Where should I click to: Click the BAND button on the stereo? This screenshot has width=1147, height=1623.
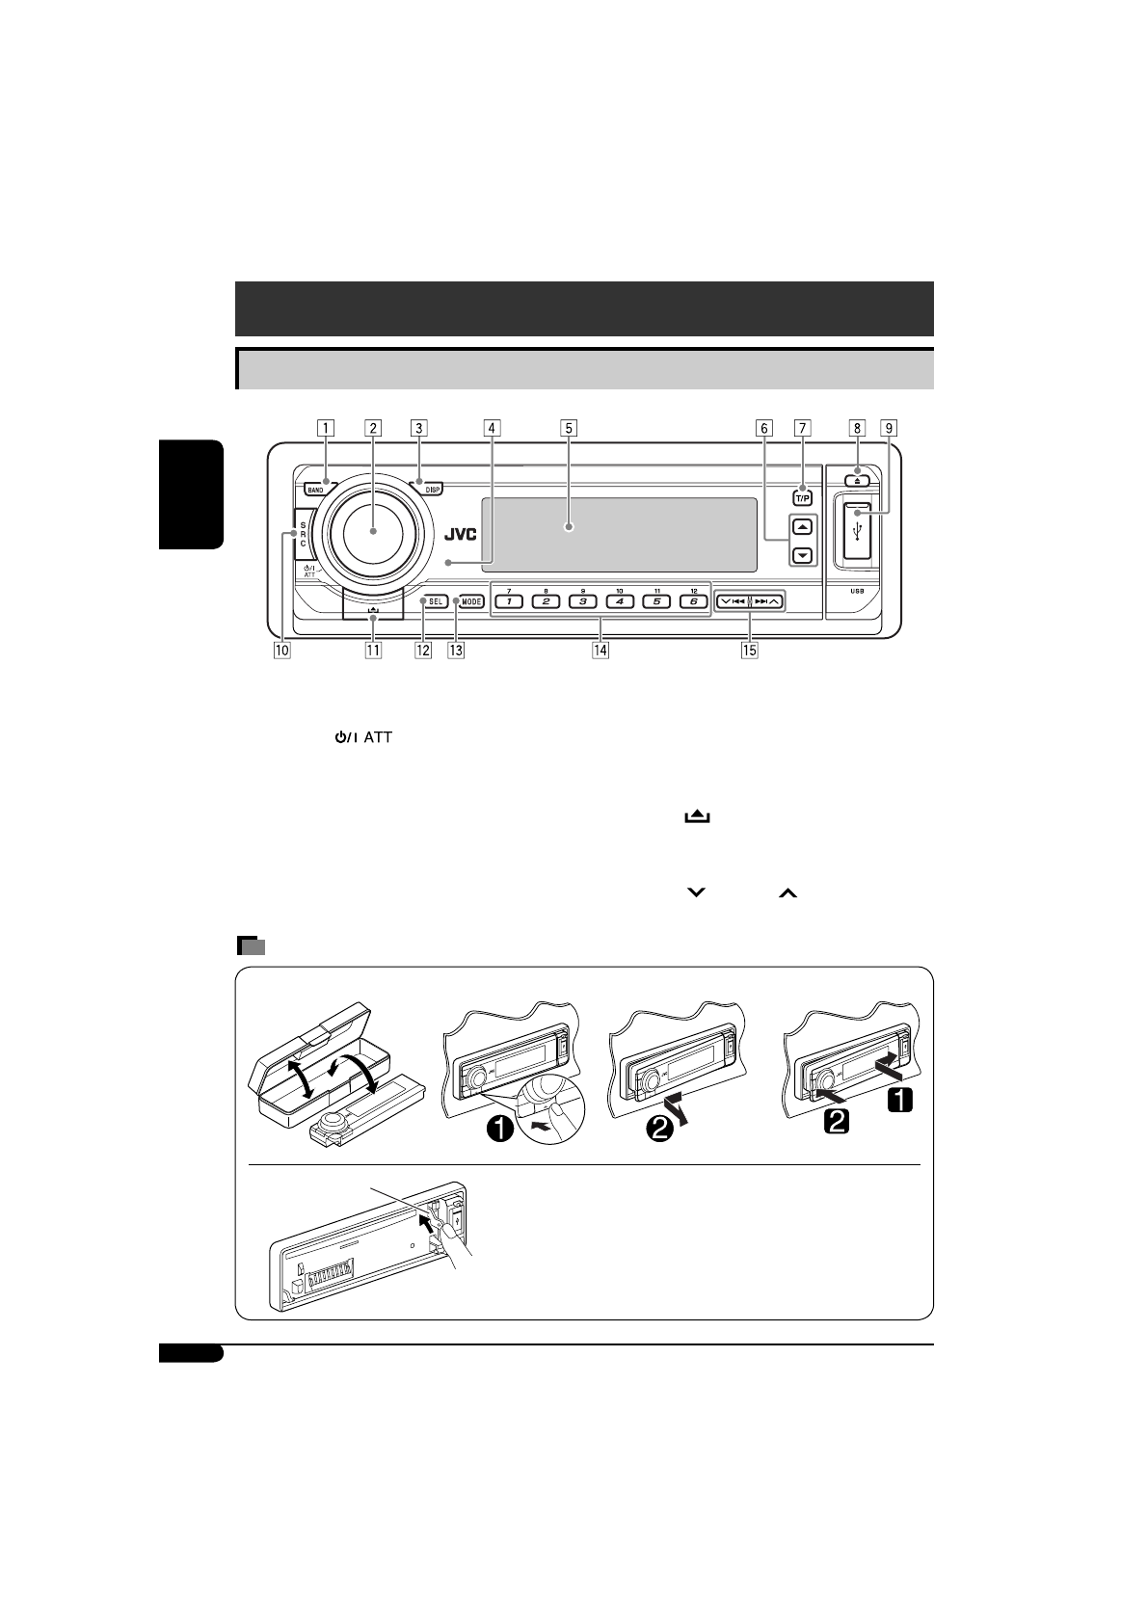point(315,490)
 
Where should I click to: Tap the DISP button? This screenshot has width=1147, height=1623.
point(432,490)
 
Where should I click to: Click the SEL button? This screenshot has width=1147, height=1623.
point(436,601)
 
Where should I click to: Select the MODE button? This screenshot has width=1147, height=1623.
point(471,601)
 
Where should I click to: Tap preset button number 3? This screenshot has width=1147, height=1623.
point(582,601)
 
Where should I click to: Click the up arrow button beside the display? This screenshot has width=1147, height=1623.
point(803,527)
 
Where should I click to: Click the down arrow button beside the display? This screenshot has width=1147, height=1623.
point(803,556)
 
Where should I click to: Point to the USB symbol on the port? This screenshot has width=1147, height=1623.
point(858,531)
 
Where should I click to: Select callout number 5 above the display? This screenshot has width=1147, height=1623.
point(569,427)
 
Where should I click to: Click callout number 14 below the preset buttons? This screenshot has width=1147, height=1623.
point(600,651)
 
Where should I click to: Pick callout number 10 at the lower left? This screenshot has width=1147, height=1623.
point(281,651)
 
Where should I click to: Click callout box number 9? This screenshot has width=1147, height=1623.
point(889,427)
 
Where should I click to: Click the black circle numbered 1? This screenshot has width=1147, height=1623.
point(499,1128)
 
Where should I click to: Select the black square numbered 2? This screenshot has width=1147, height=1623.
point(835,1121)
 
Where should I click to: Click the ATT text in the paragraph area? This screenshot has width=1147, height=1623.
point(378,737)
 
